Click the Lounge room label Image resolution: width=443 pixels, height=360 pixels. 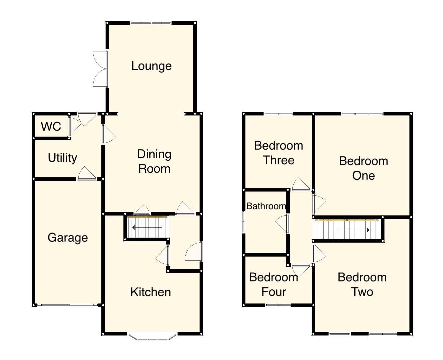pos(151,66)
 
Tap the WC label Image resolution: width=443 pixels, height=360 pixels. pos(51,127)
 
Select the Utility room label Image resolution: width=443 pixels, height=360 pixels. pos(62,158)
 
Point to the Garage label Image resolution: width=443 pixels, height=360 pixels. pos(68,238)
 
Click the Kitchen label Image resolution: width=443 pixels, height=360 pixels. pos(151,292)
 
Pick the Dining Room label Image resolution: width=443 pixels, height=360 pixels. pos(154,161)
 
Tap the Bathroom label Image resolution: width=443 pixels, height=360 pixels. pos(266,206)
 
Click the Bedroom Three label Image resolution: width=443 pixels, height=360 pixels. pos(278,153)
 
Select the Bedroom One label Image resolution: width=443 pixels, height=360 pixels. pos(363,168)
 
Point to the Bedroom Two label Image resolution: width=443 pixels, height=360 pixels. pos(362,285)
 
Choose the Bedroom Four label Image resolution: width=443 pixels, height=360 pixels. pos(274,285)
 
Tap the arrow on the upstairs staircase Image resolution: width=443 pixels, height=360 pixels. pos(347,230)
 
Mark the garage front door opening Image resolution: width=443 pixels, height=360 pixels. pos(68,305)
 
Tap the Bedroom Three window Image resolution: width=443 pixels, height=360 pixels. pos(278,114)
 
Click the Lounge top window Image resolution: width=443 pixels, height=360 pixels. pos(151,23)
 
